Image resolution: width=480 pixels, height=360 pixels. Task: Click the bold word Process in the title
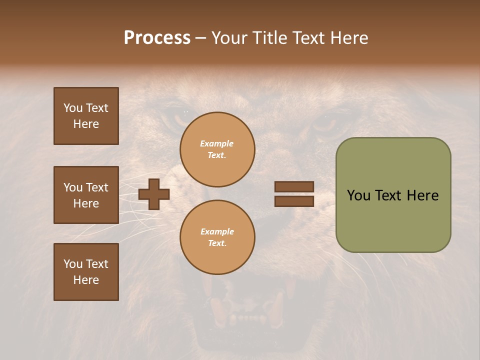pyautogui.click(x=157, y=37)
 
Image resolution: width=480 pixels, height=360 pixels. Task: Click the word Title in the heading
pyautogui.click(x=270, y=37)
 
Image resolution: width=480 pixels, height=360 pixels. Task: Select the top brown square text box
pyautogui.click(x=86, y=116)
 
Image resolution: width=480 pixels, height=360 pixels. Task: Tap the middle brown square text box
pyautogui.click(x=86, y=195)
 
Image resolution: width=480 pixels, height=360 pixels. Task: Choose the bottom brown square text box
pyautogui.click(x=86, y=272)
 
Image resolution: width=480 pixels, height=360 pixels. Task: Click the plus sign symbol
pyautogui.click(x=154, y=194)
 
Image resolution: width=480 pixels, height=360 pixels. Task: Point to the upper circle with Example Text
pyautogui.click(x=217, y=149)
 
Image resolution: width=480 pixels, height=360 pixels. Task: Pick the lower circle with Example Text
pyautogui.click(x=217, y=237)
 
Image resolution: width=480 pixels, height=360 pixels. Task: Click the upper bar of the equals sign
pyautogui.click(x=294, y=186)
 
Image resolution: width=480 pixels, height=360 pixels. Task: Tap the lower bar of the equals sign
pyautogui.click(x=294, y=201)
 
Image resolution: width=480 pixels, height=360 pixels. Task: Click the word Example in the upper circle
pyautogui.click(x=216, y=143)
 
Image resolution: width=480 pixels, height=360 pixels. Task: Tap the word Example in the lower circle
pyautogui.click(x=217, y=231)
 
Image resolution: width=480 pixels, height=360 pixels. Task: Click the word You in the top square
pyautogui.click(x=72, y=108)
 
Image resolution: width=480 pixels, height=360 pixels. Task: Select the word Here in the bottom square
pyautogui.click(x=86, y=280)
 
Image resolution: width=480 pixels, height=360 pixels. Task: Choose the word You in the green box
pyautogui.click(x=358, y=195)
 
